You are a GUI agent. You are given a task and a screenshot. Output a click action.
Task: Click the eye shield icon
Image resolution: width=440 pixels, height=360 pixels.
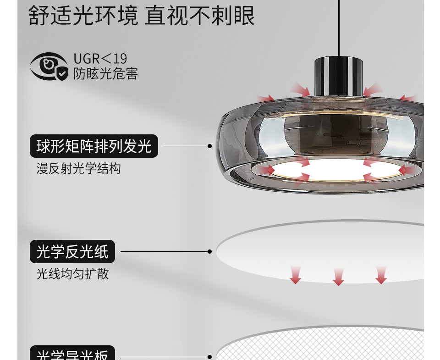click(49, 67)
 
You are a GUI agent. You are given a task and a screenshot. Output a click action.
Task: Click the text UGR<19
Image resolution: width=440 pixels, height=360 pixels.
click(100, 59)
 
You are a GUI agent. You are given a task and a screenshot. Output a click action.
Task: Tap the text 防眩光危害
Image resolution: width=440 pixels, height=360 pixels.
click(105, 74)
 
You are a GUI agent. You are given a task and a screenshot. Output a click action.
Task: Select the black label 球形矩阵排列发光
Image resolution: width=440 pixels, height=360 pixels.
click(94, 146)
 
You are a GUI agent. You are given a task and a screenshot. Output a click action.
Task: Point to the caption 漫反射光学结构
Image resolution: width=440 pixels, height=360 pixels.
click(79, 169)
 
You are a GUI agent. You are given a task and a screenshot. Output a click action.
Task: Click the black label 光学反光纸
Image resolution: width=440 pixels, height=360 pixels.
click(72, 252)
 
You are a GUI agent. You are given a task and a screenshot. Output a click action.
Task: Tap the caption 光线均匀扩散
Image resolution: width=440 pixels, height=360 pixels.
click(73, 274)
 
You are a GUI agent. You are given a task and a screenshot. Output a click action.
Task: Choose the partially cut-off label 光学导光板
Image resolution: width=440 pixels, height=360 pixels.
click(72, 354)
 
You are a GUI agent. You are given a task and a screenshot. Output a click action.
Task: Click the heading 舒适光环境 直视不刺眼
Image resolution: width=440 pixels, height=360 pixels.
click(142, 16)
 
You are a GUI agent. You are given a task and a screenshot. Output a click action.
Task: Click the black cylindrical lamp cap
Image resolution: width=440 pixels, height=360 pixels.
click(338, 76)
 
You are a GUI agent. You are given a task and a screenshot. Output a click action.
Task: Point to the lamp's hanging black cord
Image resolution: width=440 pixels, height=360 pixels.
click(339, 28)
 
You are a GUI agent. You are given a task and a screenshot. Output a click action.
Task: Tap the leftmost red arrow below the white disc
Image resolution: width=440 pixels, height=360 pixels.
click(295, 274)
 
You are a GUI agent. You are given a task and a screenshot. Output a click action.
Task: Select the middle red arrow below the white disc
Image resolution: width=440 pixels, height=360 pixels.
click(338, 277)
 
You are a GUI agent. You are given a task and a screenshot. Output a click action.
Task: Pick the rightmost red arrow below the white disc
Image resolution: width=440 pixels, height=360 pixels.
click(381, 274)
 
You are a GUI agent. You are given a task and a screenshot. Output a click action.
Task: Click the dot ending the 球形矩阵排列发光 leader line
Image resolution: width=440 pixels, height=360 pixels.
click(209, 146)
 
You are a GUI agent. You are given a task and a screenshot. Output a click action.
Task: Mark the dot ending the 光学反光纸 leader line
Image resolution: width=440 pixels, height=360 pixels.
click(209, 252)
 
